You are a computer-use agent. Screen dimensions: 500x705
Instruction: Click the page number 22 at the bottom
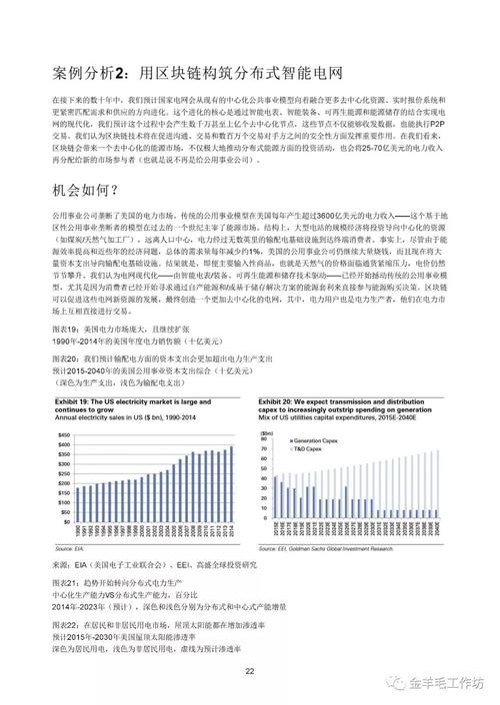pyautogui.click(x=250, y=671)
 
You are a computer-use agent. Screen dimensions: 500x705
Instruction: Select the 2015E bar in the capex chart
pyautogui.click(x=276, y=504)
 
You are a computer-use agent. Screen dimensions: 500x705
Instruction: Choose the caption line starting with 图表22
pyautogui.click(x=150, y=622)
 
